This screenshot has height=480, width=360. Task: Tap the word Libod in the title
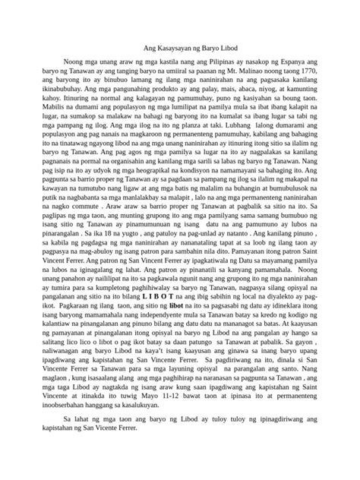pos(232,46)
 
